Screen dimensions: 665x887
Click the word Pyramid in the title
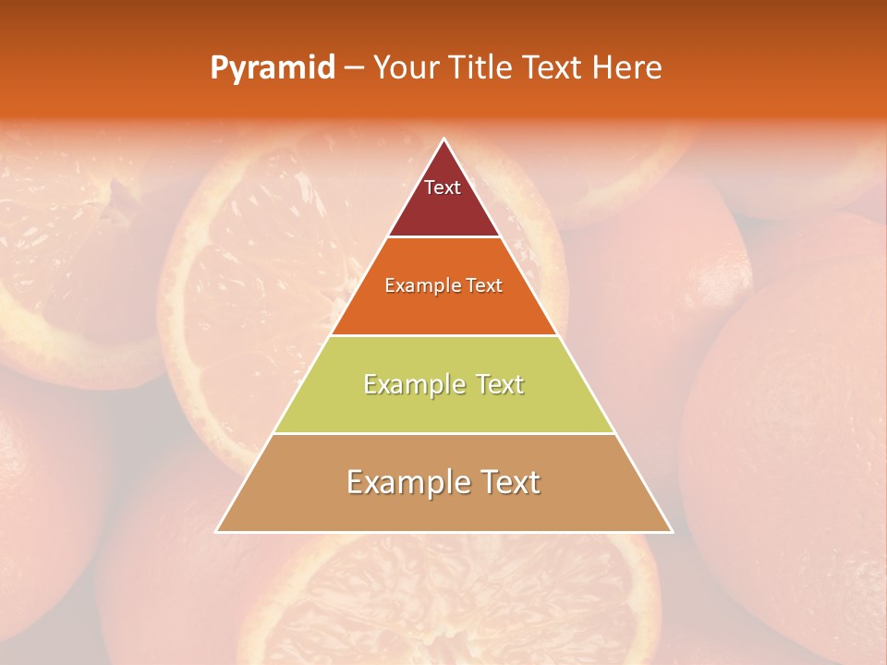click(x=273, y=68)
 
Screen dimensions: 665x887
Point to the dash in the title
click(x=354, y=68)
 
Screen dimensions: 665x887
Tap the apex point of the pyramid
click(x=443, y=139)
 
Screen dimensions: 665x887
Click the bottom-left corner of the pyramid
click(x=217, y=531)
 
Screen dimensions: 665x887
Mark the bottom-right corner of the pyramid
click(x=671, y=531)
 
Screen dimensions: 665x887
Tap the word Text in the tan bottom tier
click(x=505, y=482)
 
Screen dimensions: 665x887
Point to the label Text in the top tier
click(x=443, y=187)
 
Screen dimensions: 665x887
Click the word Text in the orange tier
click(x=485, y=286)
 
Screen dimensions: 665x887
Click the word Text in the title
click(x=555, y=68)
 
